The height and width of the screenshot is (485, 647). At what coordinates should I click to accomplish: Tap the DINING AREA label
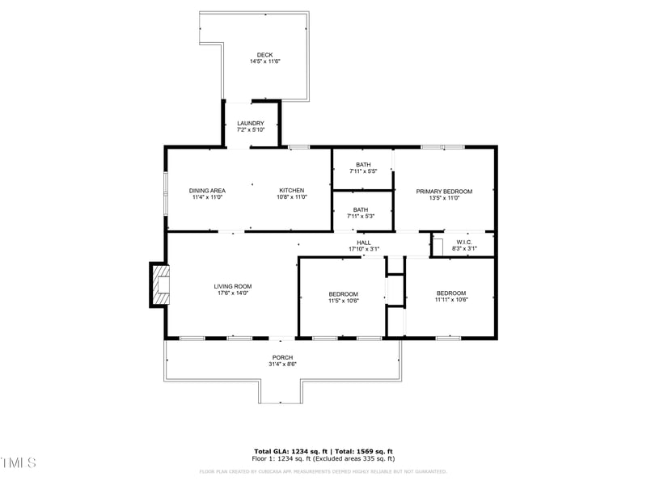point(207,191)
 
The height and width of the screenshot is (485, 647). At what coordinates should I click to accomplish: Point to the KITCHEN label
point(292,191)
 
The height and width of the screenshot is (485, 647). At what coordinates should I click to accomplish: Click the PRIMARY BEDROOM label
point(444,192)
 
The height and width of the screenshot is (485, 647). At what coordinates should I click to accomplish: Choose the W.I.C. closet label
point(463,242)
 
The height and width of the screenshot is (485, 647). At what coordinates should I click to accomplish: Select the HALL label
point(364,242)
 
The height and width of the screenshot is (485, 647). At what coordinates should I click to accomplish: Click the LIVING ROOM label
point(233,286)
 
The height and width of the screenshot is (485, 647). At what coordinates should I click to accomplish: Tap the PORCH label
point(282,357)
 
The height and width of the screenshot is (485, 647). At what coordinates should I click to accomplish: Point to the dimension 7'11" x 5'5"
point(363,171)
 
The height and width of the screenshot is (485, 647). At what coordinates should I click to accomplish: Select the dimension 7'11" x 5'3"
point(361,216)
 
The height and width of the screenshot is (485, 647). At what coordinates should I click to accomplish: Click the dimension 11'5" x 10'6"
point(343,301)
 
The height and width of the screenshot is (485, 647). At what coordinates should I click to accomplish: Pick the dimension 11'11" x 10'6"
point(451,300)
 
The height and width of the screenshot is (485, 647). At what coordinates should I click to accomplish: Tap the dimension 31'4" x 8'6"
point(282,365)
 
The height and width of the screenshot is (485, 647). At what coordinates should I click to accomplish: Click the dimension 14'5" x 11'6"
point(264,62)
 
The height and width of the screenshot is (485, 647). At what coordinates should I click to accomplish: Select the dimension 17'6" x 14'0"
point(233,293)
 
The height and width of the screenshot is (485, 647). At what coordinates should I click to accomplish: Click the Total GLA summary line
point(323,451)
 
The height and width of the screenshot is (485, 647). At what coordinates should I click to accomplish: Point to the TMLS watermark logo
point(19,462)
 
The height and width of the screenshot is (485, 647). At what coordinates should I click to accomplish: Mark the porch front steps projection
point(282,391)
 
